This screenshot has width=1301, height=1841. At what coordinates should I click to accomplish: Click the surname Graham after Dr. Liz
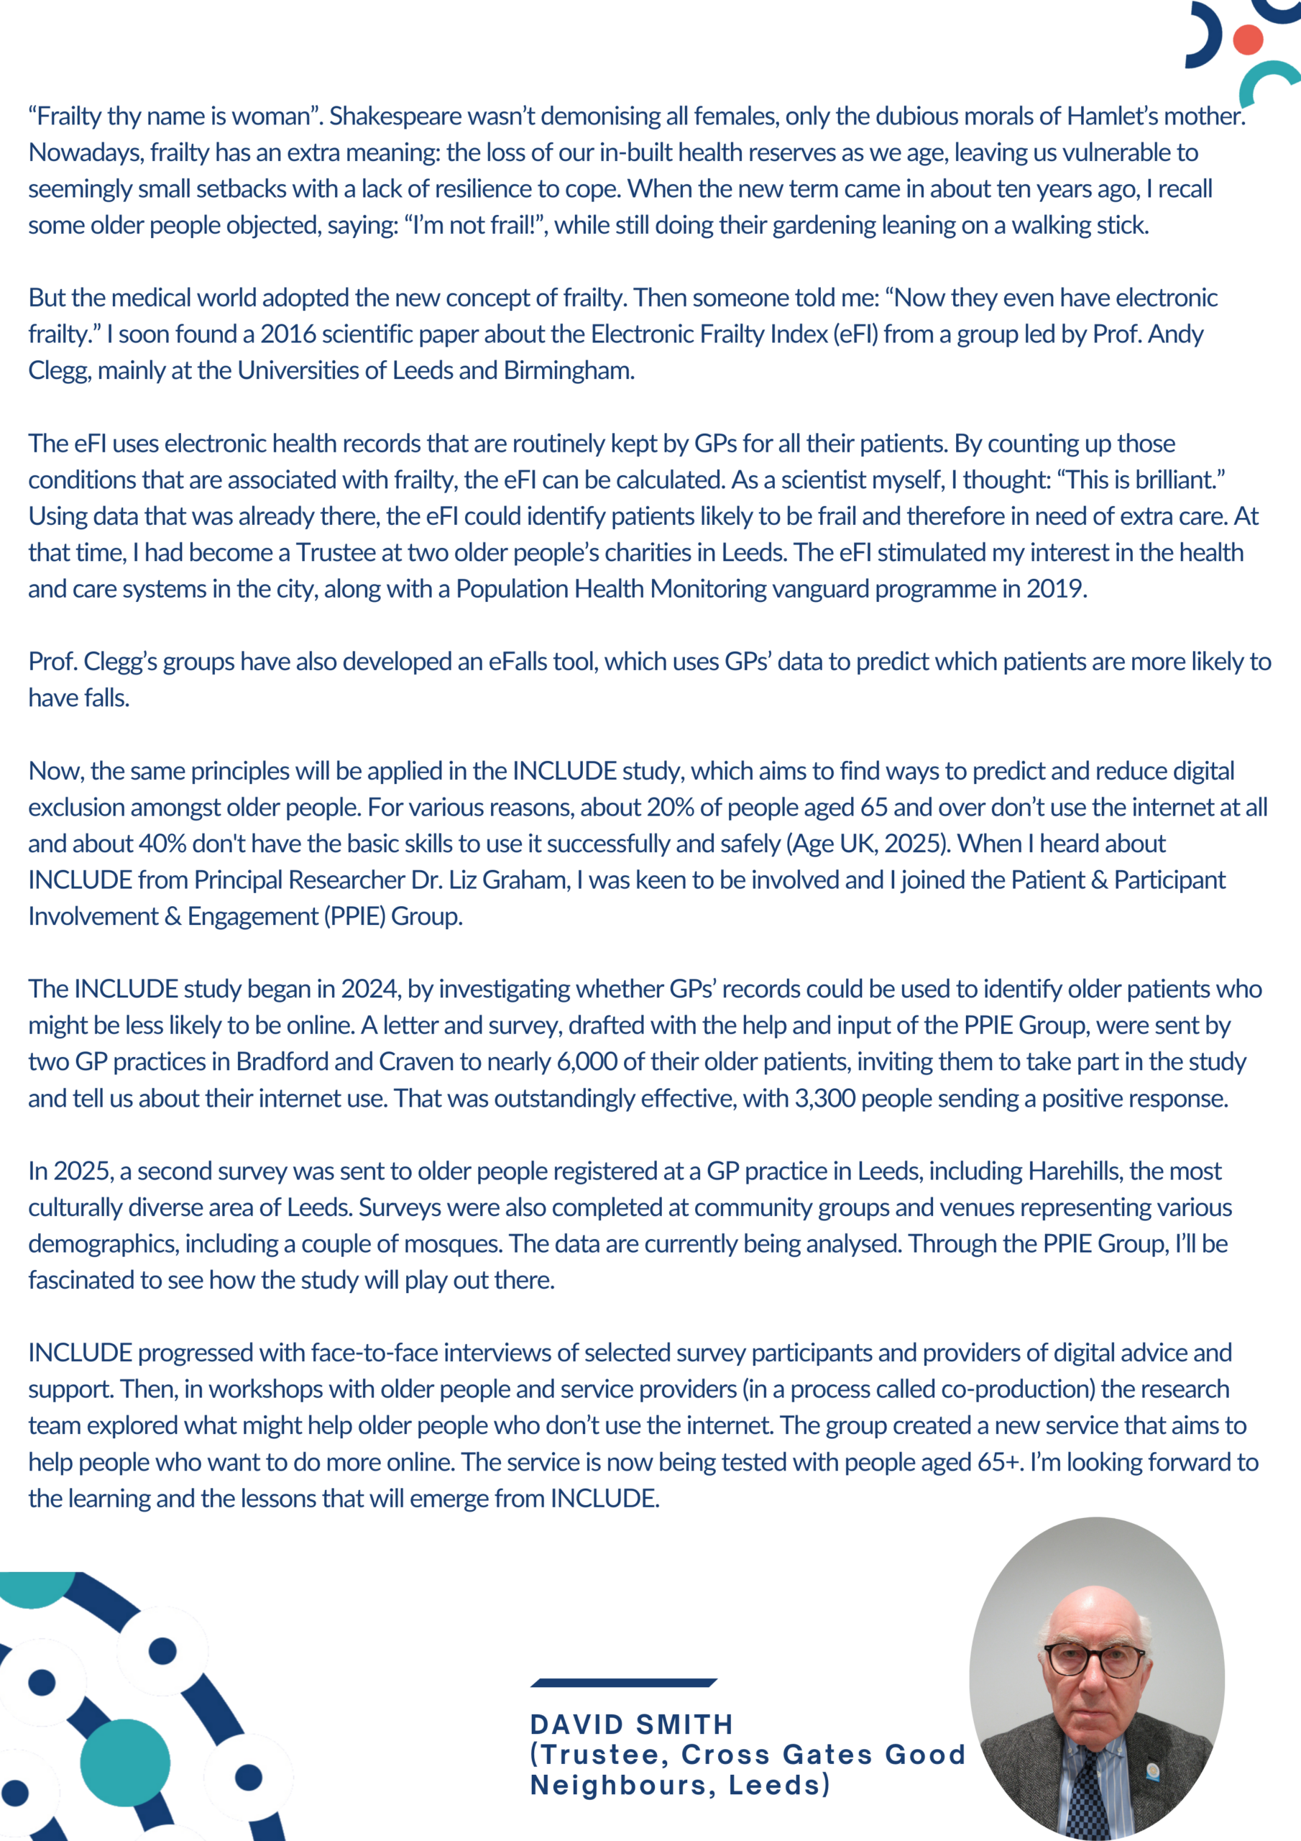(525, 880)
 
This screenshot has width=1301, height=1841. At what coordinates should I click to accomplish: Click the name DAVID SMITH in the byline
(632, 1724)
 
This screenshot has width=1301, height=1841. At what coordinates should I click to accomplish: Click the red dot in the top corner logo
(1247, 40)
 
